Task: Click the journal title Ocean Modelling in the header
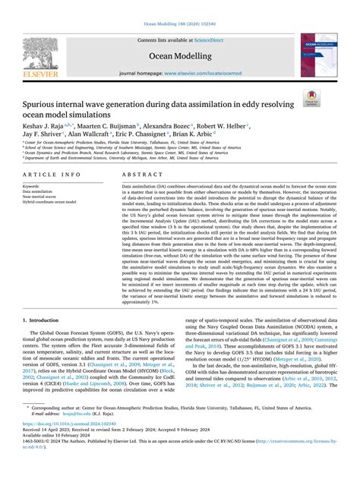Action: (180, 55)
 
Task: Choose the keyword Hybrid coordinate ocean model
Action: (49, 203)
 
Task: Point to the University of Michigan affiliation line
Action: (114, 160)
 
